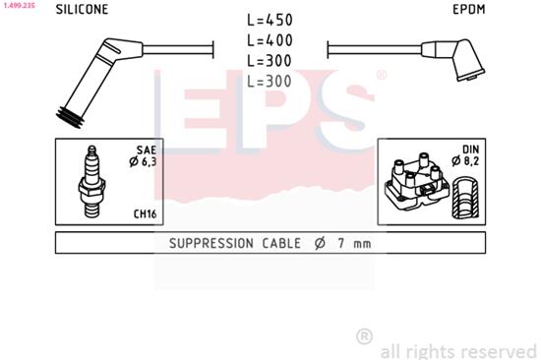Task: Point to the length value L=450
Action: tap(269, 20)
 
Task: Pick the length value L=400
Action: tap(269, 40)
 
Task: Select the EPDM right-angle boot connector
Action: tap(457, 58)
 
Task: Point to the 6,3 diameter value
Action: tap(145, 161)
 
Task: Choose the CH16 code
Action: tap(144, 213)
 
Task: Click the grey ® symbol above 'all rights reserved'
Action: tap(364, 336)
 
